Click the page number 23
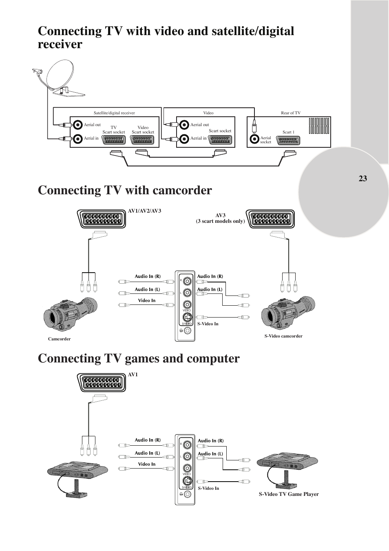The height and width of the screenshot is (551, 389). point(362,178)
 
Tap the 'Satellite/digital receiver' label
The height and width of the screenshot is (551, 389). point(114,113)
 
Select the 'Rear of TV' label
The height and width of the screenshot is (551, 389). point(290,113)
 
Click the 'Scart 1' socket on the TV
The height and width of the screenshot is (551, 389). point(288,140)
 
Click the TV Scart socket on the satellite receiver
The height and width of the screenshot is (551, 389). point(113,140)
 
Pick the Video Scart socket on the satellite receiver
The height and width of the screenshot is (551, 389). point(143,140)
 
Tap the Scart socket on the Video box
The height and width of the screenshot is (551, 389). point(220,140)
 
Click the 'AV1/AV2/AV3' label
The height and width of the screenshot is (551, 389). point(144,211)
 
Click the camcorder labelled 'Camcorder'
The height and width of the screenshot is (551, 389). point(70,315)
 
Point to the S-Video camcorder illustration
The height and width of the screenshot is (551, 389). point(288,314)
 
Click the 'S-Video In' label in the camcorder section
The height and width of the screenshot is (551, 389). point(208,324)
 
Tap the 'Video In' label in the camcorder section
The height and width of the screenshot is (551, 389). point(146,300)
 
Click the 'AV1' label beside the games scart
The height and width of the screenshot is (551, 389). point(133,375)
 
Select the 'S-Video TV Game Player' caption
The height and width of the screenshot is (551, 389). point(289,494)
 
